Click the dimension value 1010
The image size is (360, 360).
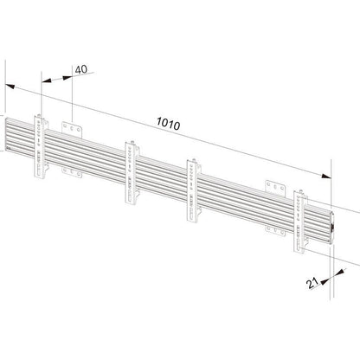[168, 124]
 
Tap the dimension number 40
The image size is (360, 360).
[81, 69]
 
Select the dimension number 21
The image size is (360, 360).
[312, 283]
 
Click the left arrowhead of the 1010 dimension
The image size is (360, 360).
[10, 86]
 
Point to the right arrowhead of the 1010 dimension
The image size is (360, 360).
[326, 176]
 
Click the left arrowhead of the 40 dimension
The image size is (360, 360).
[47, 80]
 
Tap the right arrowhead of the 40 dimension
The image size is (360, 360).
[67, 77]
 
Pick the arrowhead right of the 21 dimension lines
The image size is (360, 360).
[340, 272]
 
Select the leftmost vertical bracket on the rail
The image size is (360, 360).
[41, 146]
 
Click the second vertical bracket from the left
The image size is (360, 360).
[132, 173]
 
